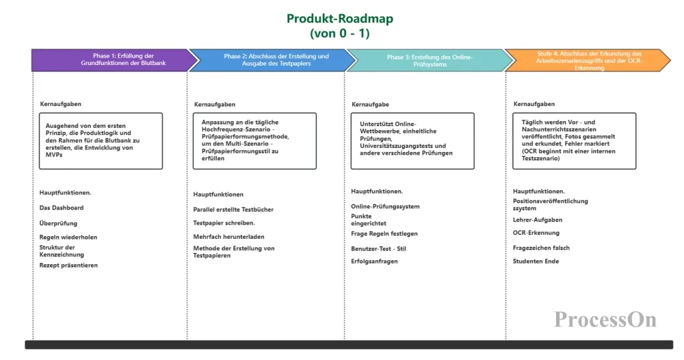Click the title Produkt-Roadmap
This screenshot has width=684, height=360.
tap(340, 18)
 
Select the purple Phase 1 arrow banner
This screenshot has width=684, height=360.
tap(109, 60)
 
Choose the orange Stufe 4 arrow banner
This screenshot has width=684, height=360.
tap(588, 60)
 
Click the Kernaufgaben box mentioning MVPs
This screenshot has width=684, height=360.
tap(100, 141)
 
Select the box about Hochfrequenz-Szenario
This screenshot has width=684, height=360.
tap(255, 141)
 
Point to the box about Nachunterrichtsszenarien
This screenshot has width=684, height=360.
tap(574, 141)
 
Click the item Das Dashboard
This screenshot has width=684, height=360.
tap(62, 208)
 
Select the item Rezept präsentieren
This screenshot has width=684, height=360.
tap(68, 265)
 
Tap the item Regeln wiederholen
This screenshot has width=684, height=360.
tap(68, 237)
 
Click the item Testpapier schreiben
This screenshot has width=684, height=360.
tap(224, 223)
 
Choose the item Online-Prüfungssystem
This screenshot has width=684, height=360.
tap(385, 207)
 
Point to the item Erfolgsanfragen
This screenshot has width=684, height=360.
tap(374, 261)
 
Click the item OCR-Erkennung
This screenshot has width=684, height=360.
tap(536, 233)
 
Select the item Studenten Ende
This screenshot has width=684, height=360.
tap(536, 261)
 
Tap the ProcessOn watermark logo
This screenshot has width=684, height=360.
tap(605, 320)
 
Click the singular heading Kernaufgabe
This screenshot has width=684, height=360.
tap(370, 105)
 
